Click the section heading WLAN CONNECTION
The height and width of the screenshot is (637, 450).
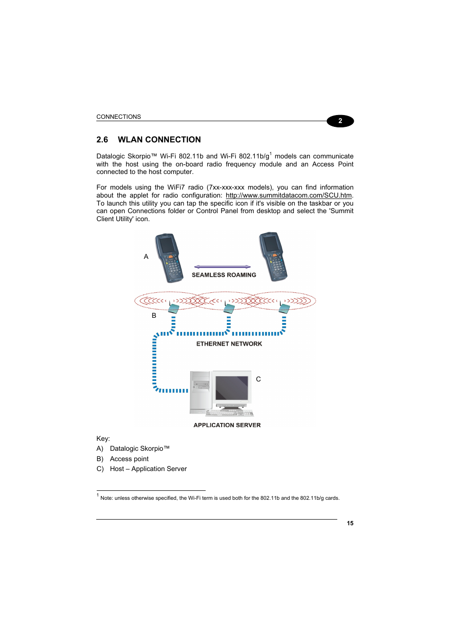pyautogui.click(x=159, y=140)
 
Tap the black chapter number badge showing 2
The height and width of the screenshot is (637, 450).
pyautogui.click(x=340, y=121)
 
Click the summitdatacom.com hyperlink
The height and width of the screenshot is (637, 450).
pyautogui.click(x=288, y=195)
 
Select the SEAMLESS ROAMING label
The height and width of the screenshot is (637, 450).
pyautogui.click(x=224, y=275)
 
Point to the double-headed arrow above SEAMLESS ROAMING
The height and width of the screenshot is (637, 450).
pyautogui.click(x=222, y=267)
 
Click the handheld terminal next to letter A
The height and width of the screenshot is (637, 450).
pyautogui.click(x=169, y=257)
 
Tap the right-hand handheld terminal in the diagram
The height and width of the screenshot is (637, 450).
pyautogui.click(x=273, y=256)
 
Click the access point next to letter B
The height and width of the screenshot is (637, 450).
pyautogui.click(x=174, y=308)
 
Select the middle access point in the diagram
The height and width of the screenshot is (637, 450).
pyautogui.click(x=229, y=308)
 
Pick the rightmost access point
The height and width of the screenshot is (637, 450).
pyautogui.click(x=284, y=308)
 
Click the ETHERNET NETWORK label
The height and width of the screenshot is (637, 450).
pyautogui.click(x=229, y=344)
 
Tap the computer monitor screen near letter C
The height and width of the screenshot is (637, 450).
pyautogui.click(x=232, y=388)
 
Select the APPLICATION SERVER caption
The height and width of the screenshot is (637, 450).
pyautogui.click(x=227, y=425)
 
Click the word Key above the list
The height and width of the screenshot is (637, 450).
pyautogui.click(x=102, y=438)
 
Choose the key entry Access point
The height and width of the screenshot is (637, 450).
pyautogui.click(x=129, y=459)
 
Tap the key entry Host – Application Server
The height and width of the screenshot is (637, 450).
pyautogui.click(x=148, y=469)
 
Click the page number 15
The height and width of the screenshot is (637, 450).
pyautogui.click(x=350, y=523)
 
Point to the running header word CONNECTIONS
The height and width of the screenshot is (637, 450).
pyautogui.click(x=118, y=117)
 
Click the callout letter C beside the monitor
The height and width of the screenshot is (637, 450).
pyautogui.click(x=258, y=379)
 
